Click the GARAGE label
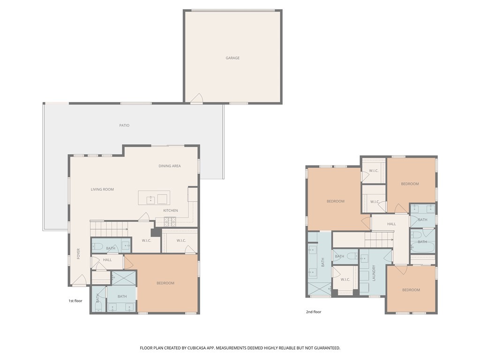pos(232,58)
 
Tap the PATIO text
pos(124,126)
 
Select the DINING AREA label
pos(169,166)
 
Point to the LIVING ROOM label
pos(102,189)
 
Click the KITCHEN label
pos(171,210)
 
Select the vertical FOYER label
pos(78,254)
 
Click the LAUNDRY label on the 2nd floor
pos(374,273)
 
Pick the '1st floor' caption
pos(75,301)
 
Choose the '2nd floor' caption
pos(314,312)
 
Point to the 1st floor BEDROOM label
pos(165,283)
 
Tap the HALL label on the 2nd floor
pos(391,224)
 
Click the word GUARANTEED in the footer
pos(324,348)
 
